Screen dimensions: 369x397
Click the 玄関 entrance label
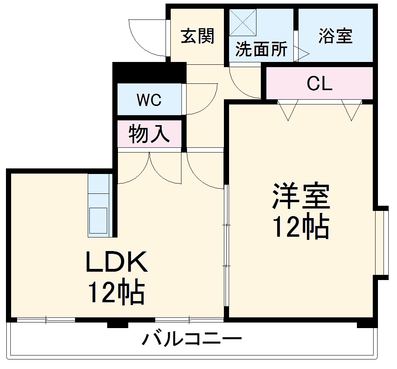pos(198,36)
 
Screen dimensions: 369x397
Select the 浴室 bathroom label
pos(335,36)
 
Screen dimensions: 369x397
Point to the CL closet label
pos(319,83)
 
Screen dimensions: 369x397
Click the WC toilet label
pos(149,100)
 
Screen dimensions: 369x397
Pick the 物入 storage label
pos(149,133)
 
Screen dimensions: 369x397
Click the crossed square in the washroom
pos(243,22)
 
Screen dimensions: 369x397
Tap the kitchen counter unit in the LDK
pos(98,205)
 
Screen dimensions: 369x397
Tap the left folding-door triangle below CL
pos(288,109)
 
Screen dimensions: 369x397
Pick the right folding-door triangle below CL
pos(352,109)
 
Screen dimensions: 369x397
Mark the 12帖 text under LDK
pos(116,293)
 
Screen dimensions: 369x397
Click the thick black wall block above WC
pos(149,72)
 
